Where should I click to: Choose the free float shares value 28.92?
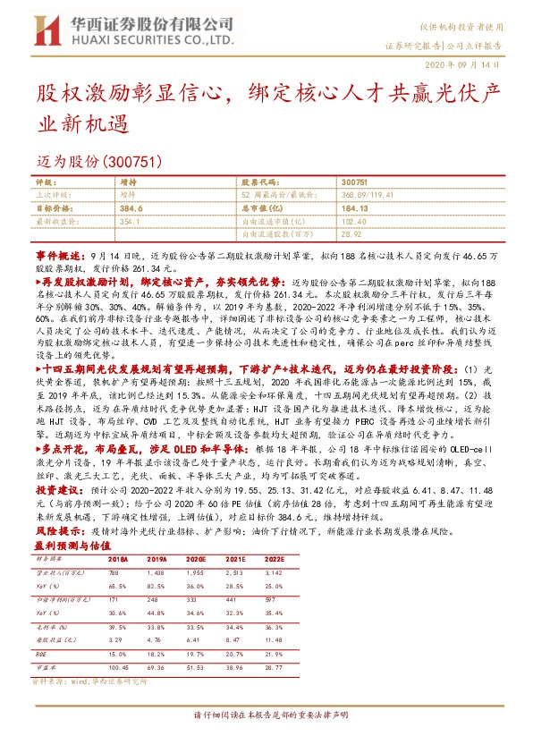click(351, 232)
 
